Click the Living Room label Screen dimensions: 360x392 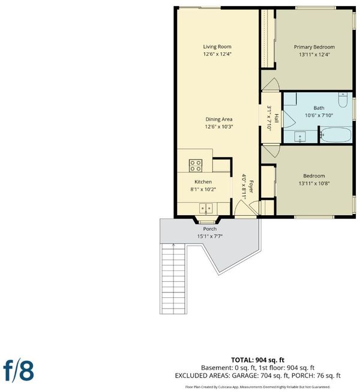click(x=217, y=47)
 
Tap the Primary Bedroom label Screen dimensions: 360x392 click(x=314, y=47)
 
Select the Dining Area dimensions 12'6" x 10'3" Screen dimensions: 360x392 click(x=219, y=126)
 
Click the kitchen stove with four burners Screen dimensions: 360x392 click(x=196, y=165)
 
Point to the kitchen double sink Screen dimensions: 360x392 click(x=206, y=208)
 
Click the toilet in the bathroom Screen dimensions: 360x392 click(x=343, y=99)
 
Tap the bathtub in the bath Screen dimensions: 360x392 click(x=336, y=135)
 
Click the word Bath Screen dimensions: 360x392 click(x=319, y=108)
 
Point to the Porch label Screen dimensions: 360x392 click(x=209, y=229)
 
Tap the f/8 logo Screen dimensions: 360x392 click(x=18, y=371)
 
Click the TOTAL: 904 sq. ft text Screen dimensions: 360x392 click(x=257, y=360)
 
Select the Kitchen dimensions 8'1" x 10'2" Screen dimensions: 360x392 click(x=203, y=189)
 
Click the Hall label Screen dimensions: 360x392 click(x=277, y=118)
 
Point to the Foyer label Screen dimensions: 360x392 click(x=251, y=186)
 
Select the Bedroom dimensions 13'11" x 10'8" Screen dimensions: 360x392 click(x=314, y=183)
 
